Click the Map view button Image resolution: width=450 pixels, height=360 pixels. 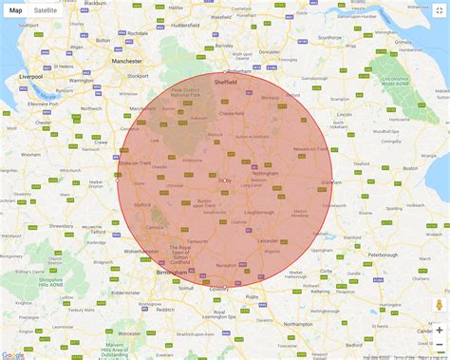coord(15,9)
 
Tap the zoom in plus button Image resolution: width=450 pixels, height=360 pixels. coord(439,330)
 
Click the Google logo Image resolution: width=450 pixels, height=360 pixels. coord(12,355)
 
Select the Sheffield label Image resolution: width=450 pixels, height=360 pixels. coord(224,82)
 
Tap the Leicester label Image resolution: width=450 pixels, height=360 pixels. coord(268,241)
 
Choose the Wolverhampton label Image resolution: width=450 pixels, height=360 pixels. coord(135,252)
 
